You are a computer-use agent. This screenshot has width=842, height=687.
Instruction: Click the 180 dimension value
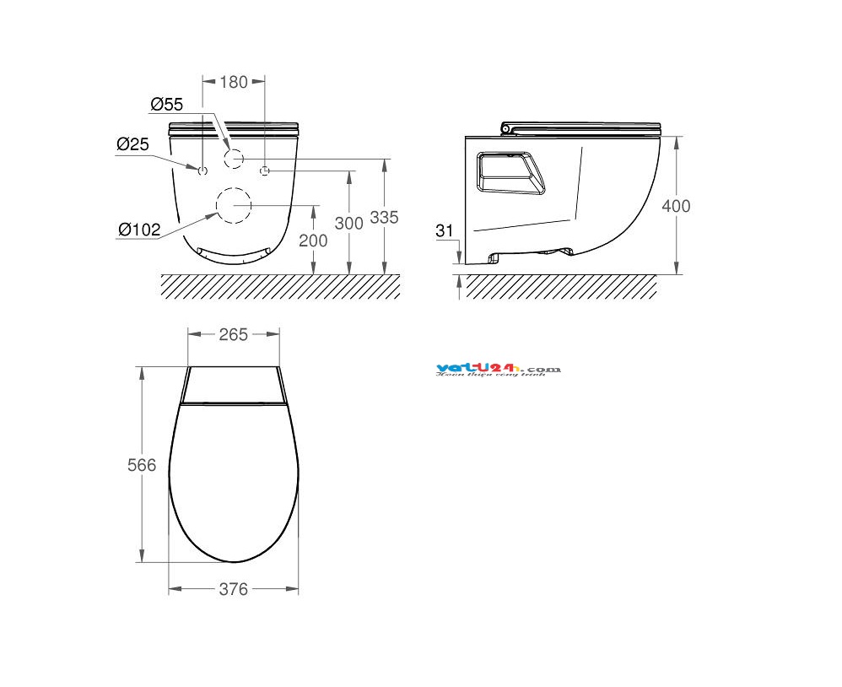[x=234, y=82]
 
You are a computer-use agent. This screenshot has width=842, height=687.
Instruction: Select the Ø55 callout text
[x=167, y=105]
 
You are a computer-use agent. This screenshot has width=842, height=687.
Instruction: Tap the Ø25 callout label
[x=132, y=144]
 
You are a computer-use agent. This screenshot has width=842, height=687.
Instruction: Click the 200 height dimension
[x=314, y=241]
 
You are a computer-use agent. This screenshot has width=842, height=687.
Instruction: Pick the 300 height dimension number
[x=348, y=223]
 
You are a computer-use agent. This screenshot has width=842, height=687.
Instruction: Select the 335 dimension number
[x=384, y=217]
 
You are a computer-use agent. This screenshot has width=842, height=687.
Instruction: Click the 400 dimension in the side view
[x=676, y=206]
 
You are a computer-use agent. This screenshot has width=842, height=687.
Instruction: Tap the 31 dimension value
[x=446, y=230]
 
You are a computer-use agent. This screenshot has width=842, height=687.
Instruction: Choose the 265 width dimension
[x=233, y=334]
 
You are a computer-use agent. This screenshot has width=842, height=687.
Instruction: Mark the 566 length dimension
[x=142, y=465]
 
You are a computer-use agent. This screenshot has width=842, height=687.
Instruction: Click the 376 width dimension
[x=233, y=589]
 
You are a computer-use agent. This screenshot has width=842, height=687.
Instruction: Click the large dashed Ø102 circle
[x=234, y=205]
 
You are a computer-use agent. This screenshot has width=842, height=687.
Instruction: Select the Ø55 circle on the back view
[x=234, y=158]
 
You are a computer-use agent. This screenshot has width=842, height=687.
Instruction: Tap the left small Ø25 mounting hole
[x=202, y=171]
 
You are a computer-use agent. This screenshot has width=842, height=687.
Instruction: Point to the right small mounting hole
[x=265, y=171]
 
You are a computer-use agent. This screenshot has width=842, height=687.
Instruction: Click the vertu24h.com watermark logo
[x=499, y=370]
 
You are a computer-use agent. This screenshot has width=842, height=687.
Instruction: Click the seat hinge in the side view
[x=506, y=127]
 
